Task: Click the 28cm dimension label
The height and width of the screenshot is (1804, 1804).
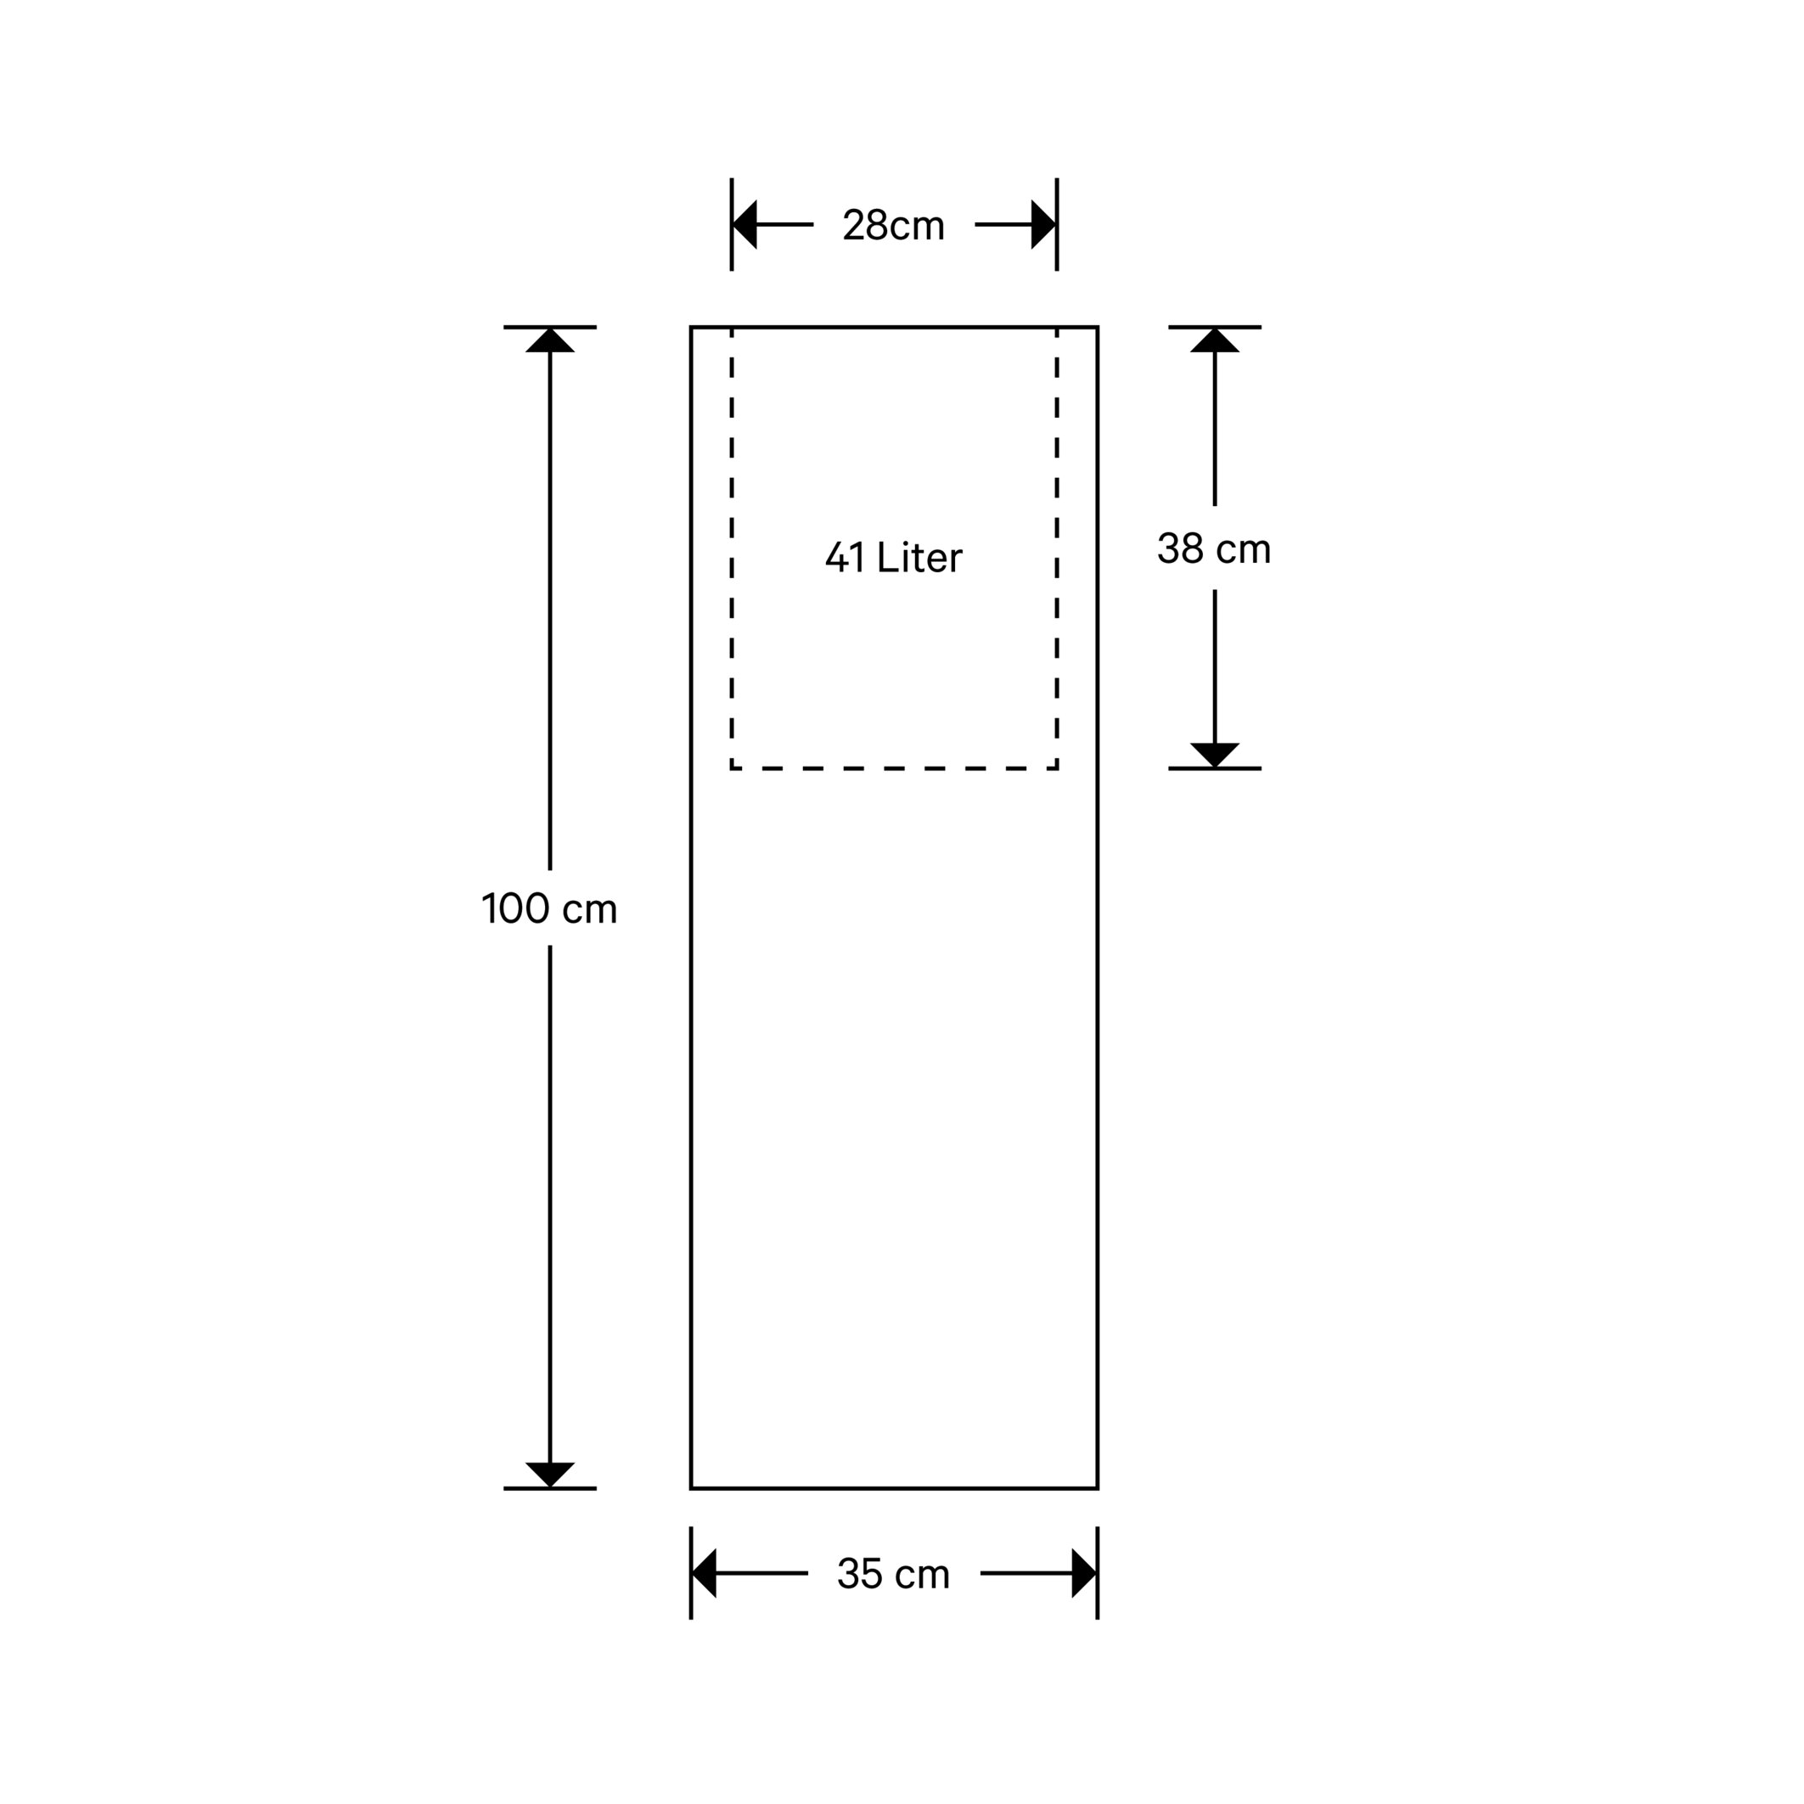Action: click(x=894, y=225)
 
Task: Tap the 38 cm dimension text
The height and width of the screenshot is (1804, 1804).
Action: click(x=1214, y=548)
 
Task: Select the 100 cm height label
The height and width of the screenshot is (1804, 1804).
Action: click(x=549, y=908)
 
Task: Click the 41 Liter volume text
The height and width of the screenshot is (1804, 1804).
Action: click(x=894, y=558)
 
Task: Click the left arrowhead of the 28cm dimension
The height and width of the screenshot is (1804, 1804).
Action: click(x=745, y=225)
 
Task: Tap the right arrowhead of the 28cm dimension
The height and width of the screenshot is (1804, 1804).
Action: click(x=1043, y=225)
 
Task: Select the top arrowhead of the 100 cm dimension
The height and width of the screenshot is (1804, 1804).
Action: click(x=550, y=340)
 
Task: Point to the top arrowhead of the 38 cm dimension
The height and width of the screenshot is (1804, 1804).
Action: click(x=1214, y=340)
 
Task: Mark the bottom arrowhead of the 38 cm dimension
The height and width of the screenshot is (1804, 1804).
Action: click(x=1214, y=755)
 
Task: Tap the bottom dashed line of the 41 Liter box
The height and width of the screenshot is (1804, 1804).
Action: click(x=894, y=768)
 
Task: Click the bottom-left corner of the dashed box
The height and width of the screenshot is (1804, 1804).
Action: click(x=731, y=768)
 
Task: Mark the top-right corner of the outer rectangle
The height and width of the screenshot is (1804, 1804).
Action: click(x=1097, y=327)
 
